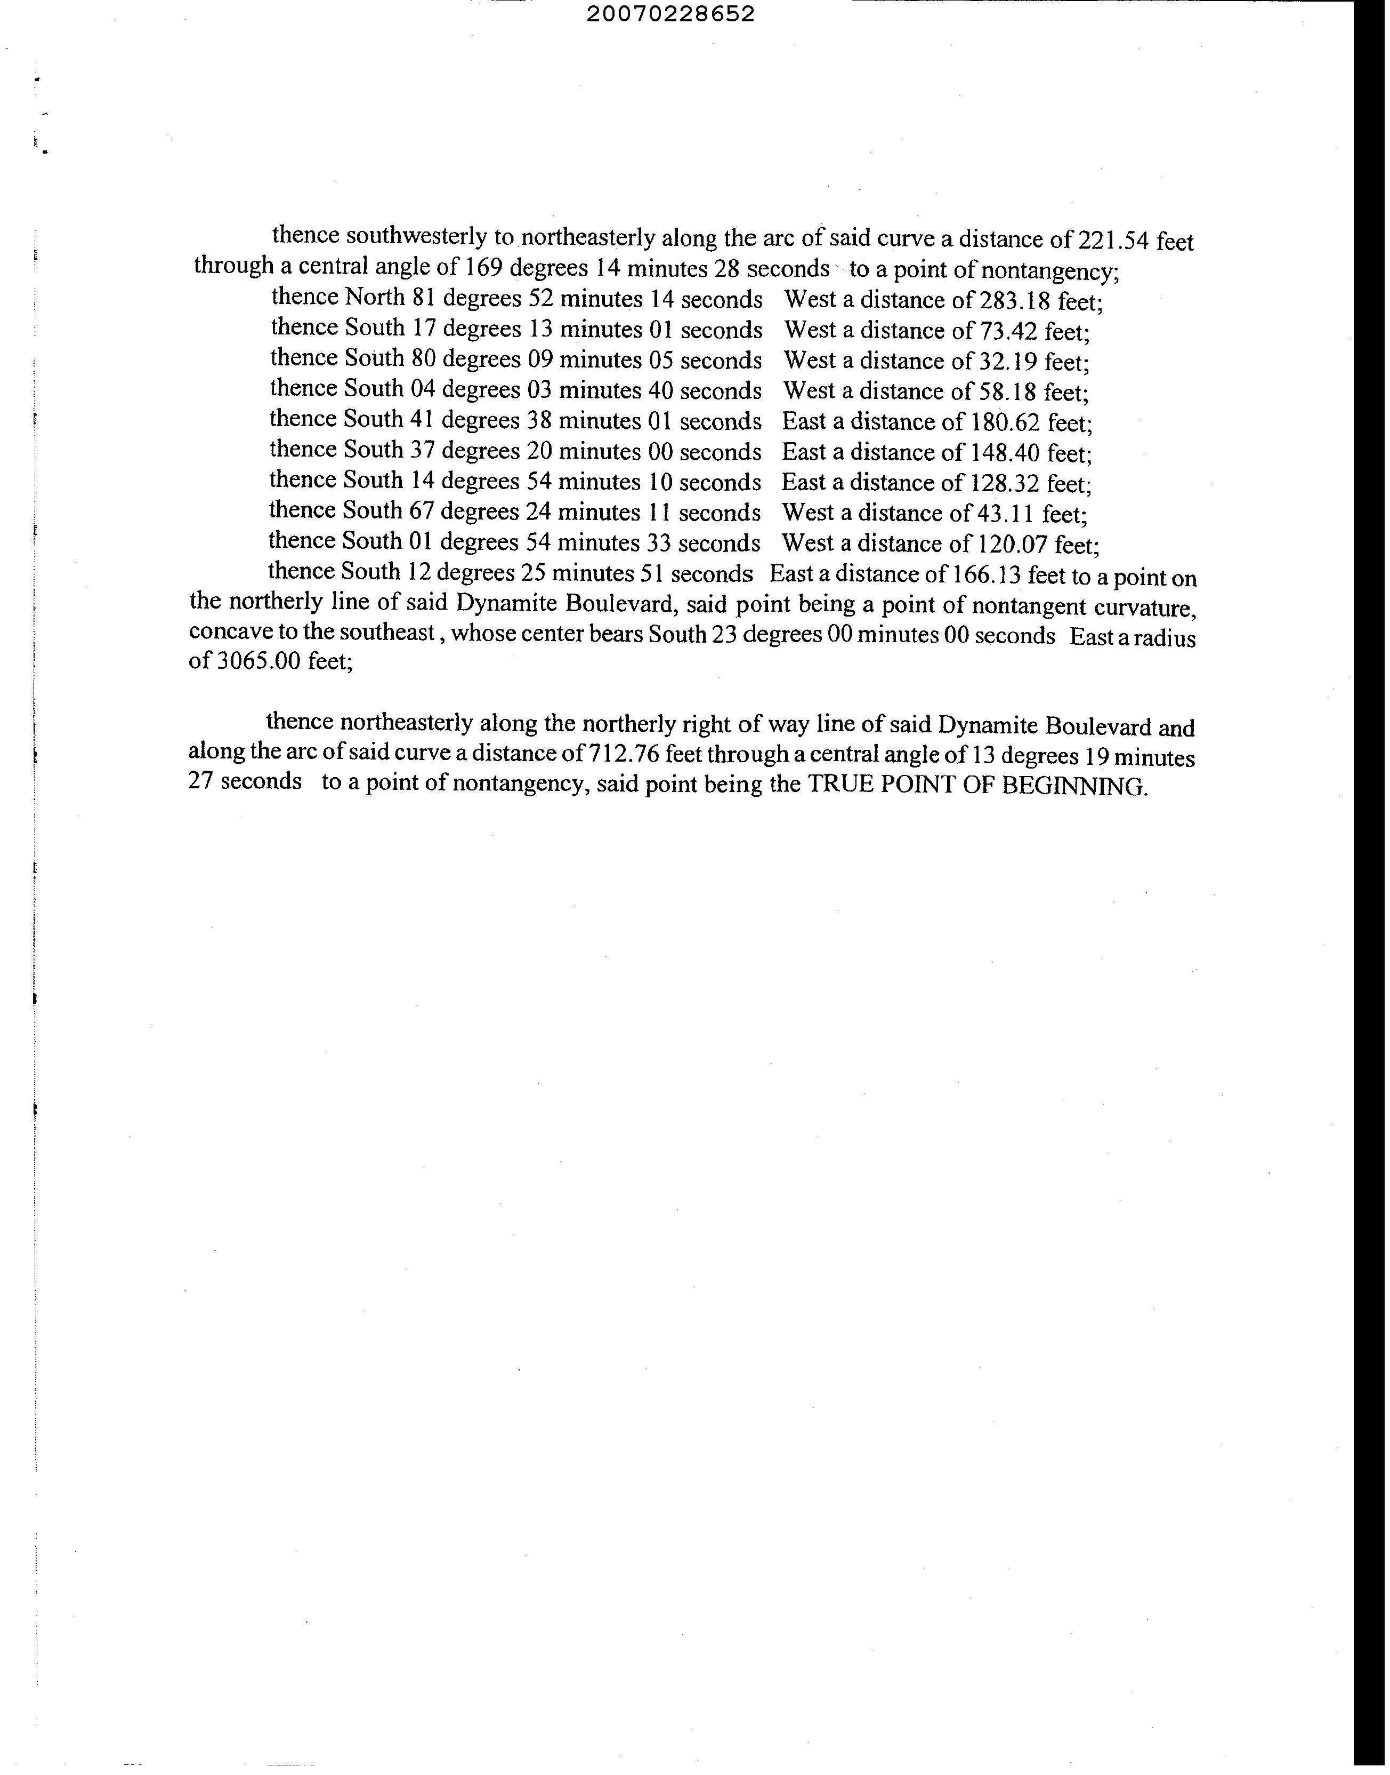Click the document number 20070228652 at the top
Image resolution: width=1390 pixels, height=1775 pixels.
tap(670, 14)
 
